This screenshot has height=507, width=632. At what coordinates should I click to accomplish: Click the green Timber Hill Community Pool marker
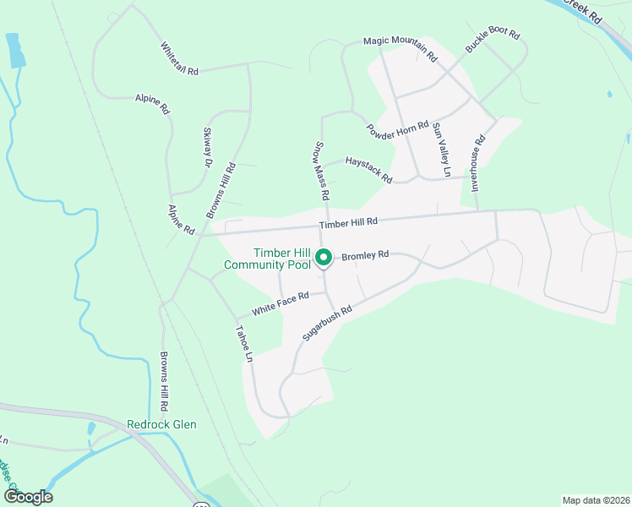point(322,258)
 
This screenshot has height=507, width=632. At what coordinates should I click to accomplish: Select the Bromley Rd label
point(365,253)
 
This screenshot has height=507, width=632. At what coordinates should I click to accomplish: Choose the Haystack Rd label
point(368,170)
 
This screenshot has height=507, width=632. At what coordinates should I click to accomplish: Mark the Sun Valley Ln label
point(439,149)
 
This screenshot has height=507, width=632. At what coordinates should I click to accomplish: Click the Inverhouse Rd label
point(478,161)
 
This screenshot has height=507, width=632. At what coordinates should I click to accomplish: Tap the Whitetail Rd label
point(179,59)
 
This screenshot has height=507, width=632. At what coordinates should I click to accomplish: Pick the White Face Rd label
point(281,303)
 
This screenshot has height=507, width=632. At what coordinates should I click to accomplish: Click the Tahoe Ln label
point(244,344)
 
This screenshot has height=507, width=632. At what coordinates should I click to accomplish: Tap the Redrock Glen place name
point(161,424)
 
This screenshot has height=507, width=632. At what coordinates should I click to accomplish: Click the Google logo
point(28,497)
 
